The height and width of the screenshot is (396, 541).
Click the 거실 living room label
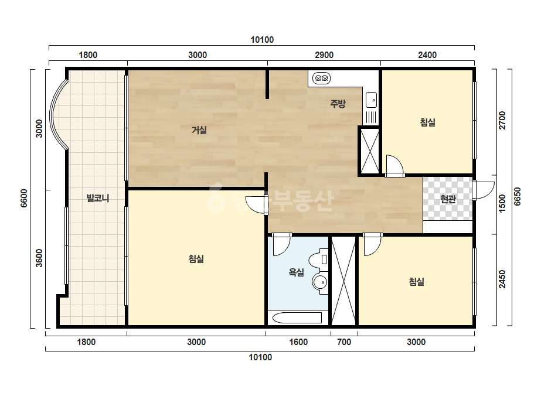coord(199,130)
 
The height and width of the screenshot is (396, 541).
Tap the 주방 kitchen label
coord(338,104)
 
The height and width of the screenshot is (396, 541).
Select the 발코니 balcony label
coord(98,198)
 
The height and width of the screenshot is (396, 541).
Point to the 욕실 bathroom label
coord(297,272)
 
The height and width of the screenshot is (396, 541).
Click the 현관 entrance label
coord(448,199)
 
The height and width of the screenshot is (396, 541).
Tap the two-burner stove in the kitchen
coord(322,78)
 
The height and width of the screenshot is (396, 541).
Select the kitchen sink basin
coord(371,100)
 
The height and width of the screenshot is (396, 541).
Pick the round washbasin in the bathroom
coord(320,282)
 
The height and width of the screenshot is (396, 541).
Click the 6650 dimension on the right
coord(517,197)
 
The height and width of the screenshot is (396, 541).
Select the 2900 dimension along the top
coord(324,55)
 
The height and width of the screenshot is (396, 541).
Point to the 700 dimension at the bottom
coord(344,342)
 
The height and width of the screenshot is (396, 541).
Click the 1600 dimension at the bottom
coord(298,342)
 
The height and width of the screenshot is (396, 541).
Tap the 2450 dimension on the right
coord(502,279)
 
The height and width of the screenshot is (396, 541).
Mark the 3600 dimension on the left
coord(39,258)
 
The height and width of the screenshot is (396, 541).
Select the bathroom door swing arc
coord(282,245)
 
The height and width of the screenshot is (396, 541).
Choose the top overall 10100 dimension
coord(262,40)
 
